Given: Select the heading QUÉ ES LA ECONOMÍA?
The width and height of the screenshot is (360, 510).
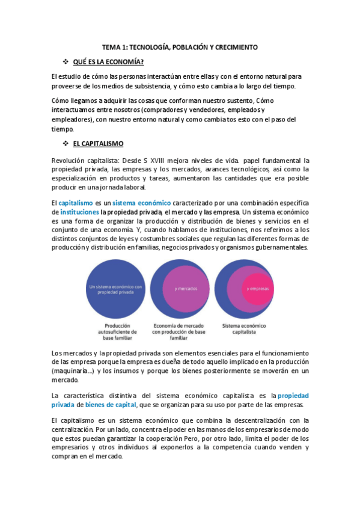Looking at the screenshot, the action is coord(108,62).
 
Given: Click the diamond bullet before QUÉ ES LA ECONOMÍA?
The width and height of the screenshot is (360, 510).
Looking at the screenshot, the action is coord(66,62).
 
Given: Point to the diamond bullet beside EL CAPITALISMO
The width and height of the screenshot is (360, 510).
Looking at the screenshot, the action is coord(66,144).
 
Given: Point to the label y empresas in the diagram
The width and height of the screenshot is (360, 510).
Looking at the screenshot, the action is coord(255,289).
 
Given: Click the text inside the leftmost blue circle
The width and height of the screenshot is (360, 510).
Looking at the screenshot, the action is coord(115,289).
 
